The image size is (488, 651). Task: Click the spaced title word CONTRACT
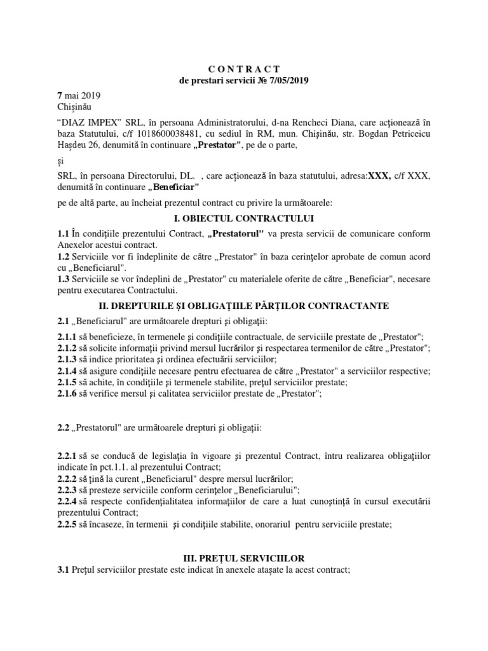[244, 68]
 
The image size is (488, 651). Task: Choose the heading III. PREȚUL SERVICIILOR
[244, 558]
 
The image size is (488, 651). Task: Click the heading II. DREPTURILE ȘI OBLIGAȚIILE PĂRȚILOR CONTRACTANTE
[244, 306]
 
